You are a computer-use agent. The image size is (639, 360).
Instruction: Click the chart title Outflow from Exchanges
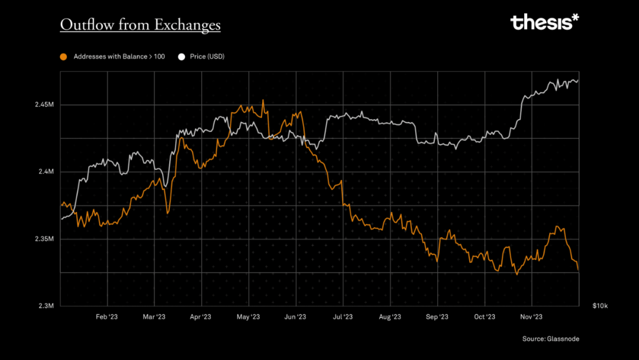[140, 24]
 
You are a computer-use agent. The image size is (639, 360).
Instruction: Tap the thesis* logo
[544, 22]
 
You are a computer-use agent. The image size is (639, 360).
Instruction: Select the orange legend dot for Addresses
[64, 57]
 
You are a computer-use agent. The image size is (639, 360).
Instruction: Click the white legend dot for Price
[182, 57]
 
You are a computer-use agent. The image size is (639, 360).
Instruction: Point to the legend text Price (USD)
[207, 57]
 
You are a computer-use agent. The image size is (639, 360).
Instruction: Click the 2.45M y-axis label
[45, 105]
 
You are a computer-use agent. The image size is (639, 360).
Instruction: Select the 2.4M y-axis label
[47, 172]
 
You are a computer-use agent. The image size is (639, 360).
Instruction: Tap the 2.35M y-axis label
[45, 239]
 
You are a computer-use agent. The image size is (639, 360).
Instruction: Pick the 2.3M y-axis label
[47, 306]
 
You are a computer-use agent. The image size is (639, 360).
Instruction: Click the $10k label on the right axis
[599, 306]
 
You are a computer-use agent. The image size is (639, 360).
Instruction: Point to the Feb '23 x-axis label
[107, 317]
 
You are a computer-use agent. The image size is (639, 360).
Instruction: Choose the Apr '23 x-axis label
[201, 317]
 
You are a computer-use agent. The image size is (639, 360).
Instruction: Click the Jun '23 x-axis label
[295, 317]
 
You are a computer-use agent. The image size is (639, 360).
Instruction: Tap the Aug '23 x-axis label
[390, 317]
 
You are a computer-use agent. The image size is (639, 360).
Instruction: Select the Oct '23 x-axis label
[485, 317]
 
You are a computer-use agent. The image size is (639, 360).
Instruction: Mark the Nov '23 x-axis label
[531, 317]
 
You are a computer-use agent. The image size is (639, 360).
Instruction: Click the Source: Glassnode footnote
[550, 339]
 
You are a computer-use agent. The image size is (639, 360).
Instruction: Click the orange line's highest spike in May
[263, 100]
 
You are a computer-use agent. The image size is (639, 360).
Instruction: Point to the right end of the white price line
[578, 81]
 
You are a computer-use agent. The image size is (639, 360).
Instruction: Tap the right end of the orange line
[578, 270]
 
